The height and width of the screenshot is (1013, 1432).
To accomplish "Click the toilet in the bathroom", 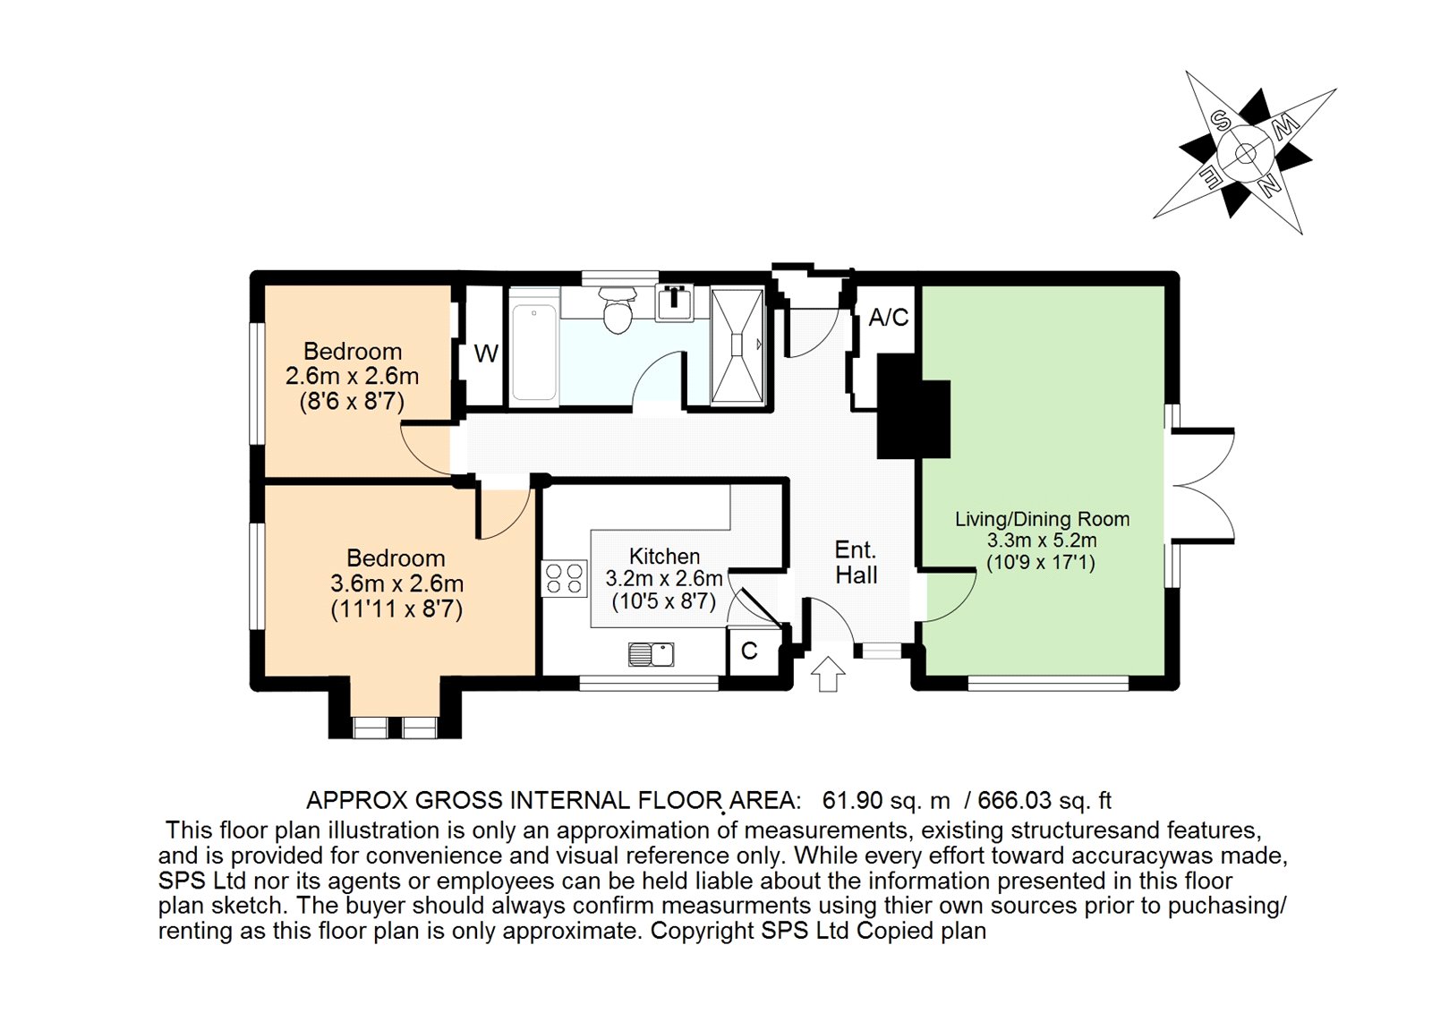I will click(x=618, y=311).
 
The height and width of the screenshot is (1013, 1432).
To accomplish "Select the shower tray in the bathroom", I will click(x=737, y=345).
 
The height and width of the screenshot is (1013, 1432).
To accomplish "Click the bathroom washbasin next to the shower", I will click(x=674, y=302).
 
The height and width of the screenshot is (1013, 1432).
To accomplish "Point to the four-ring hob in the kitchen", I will click(x=565, y=578).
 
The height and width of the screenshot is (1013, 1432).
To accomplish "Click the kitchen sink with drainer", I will click(x=651, y=654).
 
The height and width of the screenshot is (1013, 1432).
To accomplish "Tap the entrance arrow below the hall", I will click(x=828, y=673).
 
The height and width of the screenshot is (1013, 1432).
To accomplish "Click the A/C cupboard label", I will click(x=888, y=318).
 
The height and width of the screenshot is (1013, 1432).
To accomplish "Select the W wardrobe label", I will click(x=485, y=354).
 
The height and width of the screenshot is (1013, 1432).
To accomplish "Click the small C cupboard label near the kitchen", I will click(x=749, y=651).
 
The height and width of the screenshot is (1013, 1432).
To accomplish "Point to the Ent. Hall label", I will click(x=856, y=563).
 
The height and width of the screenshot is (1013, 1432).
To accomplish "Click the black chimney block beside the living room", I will click(x=911, y=407).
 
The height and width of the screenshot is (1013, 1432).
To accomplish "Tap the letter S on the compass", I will click(x=1219, y=120).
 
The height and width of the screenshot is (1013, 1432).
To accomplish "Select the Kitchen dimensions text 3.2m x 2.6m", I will click(x=663, y=579).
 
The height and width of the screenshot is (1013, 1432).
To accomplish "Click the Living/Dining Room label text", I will click(x=1042, y=519).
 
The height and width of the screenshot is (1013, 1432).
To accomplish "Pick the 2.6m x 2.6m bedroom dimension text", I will click(x=352, y=376).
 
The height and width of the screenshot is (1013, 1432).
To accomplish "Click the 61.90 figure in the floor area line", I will click(x=852, y=800).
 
